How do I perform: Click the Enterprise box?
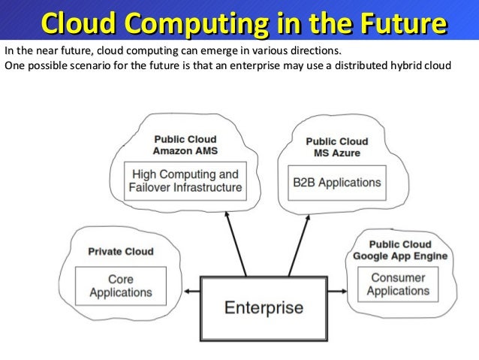pyautogui.click(x=264, y=307)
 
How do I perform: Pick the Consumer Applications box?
pyautogui.click(x=398, y=284)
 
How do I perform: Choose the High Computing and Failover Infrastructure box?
pyautogui.click(x=185, y=181)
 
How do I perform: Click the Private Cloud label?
pyautogui.click(x=121, y=252)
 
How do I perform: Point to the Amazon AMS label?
pyautogui.click(x=185, y=151)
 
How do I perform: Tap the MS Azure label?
pyautogui.click(x=336, y=153)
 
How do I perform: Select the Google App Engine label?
pyautogui.click(x=400, y=256)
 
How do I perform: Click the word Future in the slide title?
pyautogui.click(x=400, y=24)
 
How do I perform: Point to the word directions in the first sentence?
pyautogui.click(x=313, y=51)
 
